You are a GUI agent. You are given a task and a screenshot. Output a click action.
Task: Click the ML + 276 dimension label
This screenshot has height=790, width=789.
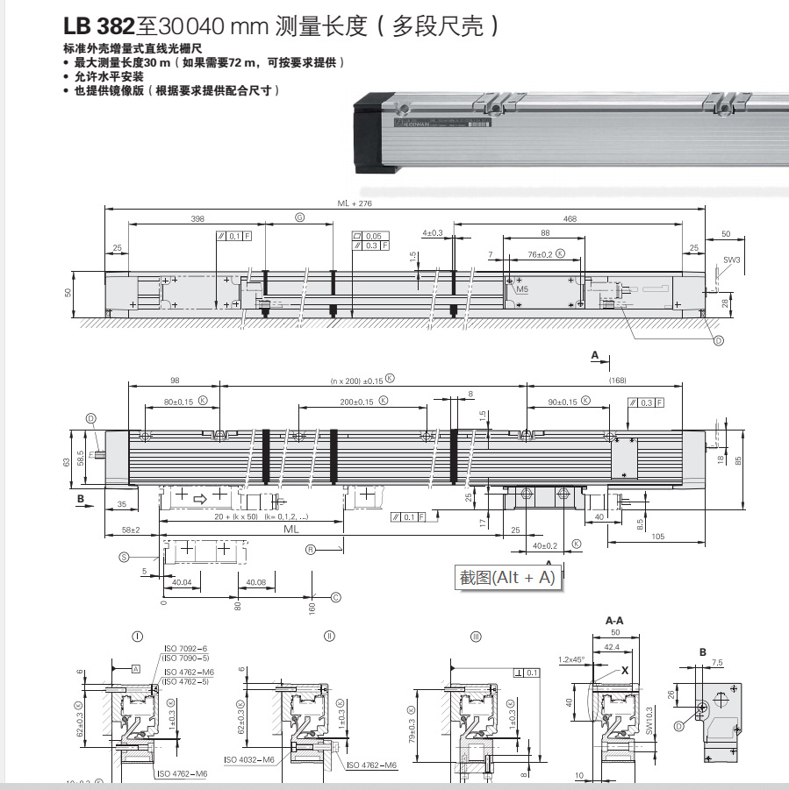355,203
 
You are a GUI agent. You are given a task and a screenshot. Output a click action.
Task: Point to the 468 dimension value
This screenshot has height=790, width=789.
570,218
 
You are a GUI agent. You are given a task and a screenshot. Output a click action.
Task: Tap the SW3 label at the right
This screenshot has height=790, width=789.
730,260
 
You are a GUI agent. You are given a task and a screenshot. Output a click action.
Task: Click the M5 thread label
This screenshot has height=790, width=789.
522,288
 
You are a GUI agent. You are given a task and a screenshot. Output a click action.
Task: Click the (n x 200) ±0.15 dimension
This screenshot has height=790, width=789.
357,380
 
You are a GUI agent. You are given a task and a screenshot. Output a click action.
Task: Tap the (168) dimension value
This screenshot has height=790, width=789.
617,380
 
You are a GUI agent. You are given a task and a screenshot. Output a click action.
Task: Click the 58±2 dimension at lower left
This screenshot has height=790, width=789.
131,530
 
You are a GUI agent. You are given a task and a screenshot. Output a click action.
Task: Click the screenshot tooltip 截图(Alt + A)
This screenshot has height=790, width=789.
507,578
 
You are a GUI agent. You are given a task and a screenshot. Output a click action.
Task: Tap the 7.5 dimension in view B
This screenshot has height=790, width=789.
716,662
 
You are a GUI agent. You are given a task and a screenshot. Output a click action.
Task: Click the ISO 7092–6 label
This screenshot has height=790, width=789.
184,648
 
